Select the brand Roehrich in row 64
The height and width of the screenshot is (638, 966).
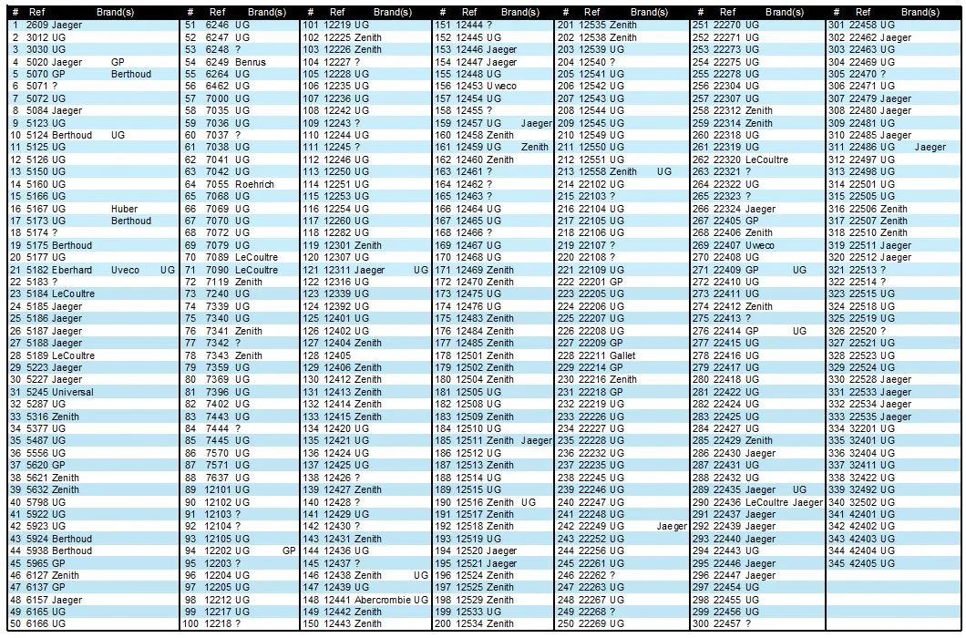(254, 184)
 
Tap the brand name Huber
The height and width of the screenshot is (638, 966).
(124, 209)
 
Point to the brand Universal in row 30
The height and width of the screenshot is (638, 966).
(72, 392)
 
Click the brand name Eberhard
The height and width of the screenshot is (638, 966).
(72, 270)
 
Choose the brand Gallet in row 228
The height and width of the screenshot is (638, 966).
(623, 355)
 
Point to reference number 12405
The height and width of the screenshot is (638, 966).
(337, 355)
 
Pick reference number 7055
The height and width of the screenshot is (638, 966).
(218, 184)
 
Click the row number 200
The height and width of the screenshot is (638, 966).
(444, 624)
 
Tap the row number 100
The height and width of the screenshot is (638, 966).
(190, 624)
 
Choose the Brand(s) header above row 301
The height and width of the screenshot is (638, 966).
(920, 12)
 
